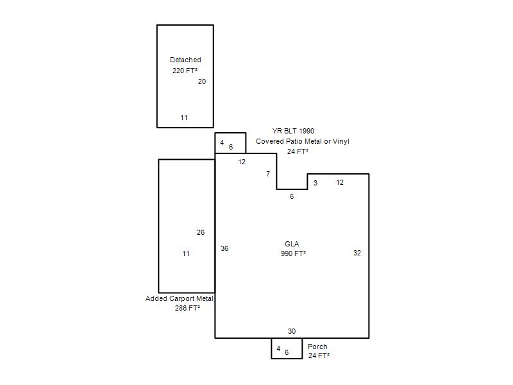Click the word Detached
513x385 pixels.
(x=185, y=60)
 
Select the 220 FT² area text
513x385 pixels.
(x=185, y=71)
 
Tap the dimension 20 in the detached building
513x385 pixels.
(x=202, y=81)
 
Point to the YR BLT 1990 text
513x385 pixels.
(x=293, y=131)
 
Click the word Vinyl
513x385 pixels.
(x=341, y=141)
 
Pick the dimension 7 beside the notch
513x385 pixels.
(x=268, y=174)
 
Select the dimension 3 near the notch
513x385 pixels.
(x=315, y=183)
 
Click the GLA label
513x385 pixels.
(x=292, y=244)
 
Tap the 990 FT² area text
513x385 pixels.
(x=293, y=253)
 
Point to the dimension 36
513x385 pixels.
(x=224, y=248)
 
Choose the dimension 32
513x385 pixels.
(x=357, y=253)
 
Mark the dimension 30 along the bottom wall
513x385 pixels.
(x=292, y=331)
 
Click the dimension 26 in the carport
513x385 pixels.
(x=201, y=232)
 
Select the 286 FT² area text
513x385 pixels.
(x=187, y=308)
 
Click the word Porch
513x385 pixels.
(x=317, y=346)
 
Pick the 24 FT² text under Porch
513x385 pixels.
(x=319, y=355)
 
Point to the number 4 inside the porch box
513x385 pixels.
(x=278, y=348)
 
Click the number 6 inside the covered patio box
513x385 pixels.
(x=231, y=147)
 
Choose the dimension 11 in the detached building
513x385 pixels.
(x=184, y=117)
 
